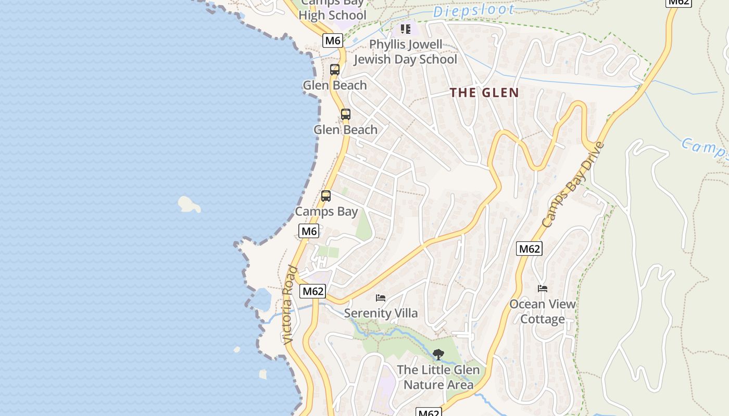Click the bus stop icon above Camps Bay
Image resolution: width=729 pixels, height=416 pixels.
(x=326, y=196)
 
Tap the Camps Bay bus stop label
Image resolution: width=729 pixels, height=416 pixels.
(x=326, y=212)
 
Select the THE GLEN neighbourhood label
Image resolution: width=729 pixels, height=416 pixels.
(x=484, y=93)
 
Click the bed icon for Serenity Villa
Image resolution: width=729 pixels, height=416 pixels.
(x=381, y=298)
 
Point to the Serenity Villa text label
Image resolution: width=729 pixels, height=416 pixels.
(x=381, y=313)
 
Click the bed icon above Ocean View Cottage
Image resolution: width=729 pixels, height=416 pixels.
(x=543, y=288)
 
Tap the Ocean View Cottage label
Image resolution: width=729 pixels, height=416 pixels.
(x=543, y=311)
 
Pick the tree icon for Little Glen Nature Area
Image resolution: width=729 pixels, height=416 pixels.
(x=438, y=355)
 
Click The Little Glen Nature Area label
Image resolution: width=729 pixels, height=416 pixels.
(x=438, y=378)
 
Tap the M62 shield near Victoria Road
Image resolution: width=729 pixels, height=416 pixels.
(x=313, y=291)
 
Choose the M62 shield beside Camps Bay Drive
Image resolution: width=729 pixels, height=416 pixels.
(x=529, y=249)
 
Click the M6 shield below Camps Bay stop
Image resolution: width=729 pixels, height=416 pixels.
(x=309, y=231)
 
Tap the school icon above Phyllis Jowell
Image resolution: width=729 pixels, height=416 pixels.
(x=405, y=29)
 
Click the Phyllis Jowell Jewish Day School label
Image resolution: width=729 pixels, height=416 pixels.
(x=406, y=52)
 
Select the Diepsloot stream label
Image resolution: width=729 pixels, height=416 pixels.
(x=473, y=10)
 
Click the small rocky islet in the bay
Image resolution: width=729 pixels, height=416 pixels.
(x=189, y=204)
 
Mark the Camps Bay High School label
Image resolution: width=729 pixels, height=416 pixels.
(x=332, y=10)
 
